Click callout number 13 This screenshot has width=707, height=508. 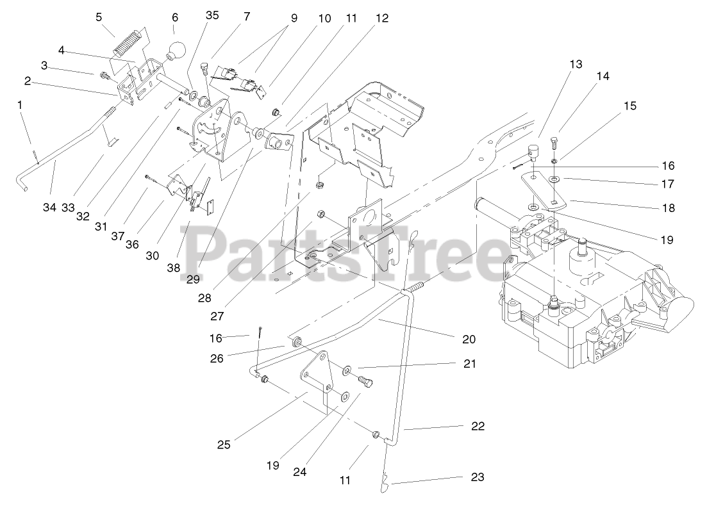575,64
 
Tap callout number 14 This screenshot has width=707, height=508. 603,76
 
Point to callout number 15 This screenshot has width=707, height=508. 630,106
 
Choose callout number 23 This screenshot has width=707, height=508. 477,477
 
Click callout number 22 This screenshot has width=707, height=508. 477,426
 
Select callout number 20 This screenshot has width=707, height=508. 469,339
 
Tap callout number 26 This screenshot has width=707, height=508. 217,359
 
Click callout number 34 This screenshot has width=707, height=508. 50,207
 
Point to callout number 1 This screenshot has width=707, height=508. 20,104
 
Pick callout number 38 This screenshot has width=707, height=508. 174,268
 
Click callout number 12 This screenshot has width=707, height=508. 381,19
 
